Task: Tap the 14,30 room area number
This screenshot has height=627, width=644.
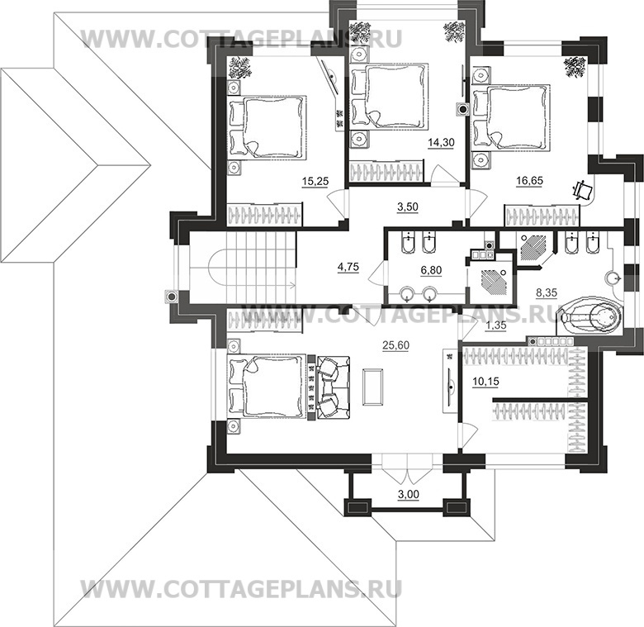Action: pyautogui.click(x=438, y=143)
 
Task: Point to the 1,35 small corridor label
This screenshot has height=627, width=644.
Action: pyautogui.click(x=496, y=326)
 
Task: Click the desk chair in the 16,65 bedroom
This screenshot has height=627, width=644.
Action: pyautogui.click(x=583, y=189)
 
